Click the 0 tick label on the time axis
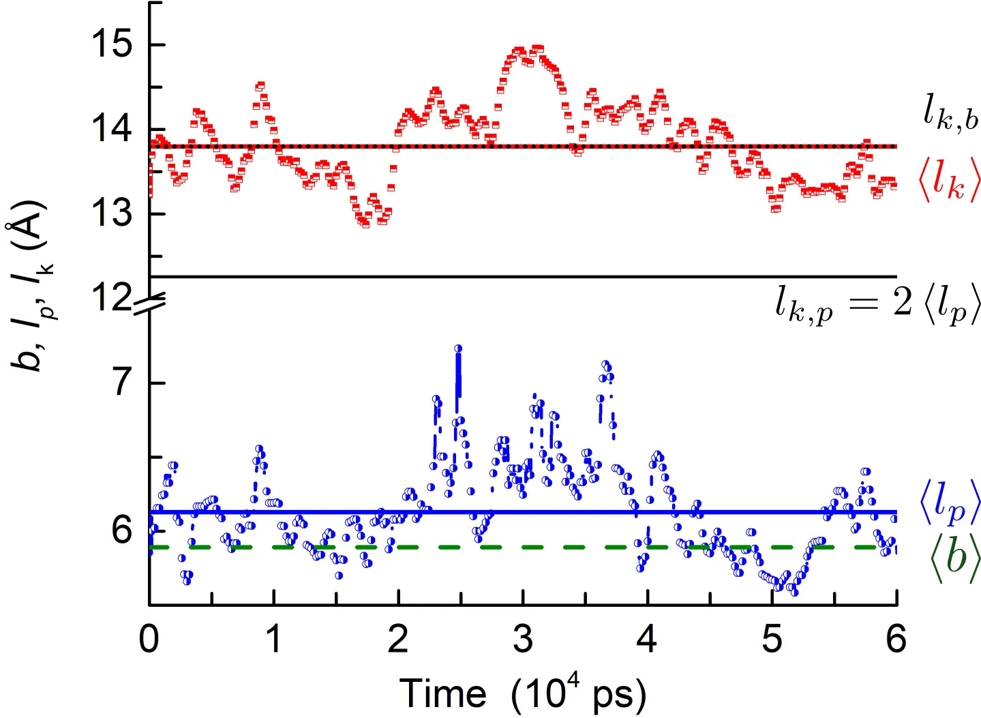tap(149, 639)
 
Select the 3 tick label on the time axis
tap(523, 639)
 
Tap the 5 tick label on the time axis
tap(772, 639)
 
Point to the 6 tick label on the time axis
tap(896, 639)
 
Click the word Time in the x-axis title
tap(442, 694)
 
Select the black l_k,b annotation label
tap(950, 112)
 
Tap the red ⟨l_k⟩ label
tap(949, 181)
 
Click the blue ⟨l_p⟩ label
tap(950, 503)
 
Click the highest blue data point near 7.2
tap(458, 348)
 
